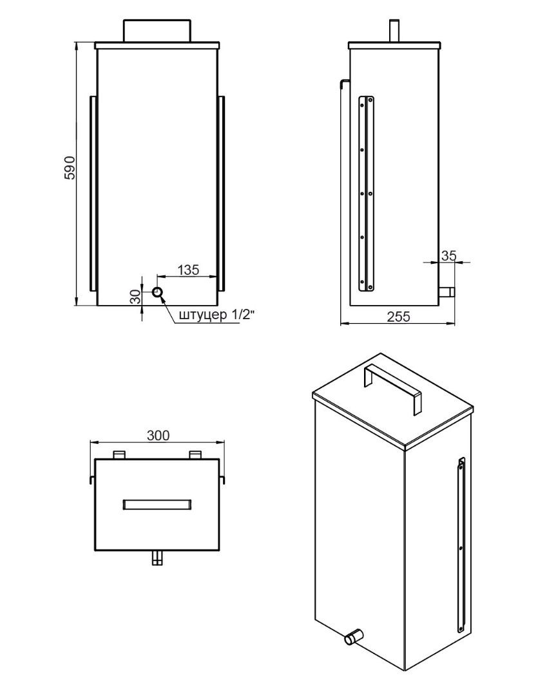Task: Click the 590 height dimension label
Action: (x=70, y=167)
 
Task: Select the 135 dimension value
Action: (x=188, y=270)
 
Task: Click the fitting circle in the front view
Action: (x=157, y=292)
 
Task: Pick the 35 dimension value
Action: (x=448, y=255)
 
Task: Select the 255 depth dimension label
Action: (x=398, y=317)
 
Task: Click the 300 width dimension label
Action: (x=158, y=436)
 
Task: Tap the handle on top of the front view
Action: (x=157, y=31)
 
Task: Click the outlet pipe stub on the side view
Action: (x=446, y=292)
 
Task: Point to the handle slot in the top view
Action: (x=157, y=505)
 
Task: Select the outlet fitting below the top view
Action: (x=157, y=558)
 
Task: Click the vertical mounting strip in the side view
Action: (x=367, y=194)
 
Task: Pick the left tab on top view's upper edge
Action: (x=120, y=455)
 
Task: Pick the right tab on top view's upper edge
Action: (x=195, y=455)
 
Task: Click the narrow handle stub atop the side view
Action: (x=394, y=31)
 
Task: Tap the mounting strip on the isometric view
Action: (x=461, y=545)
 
